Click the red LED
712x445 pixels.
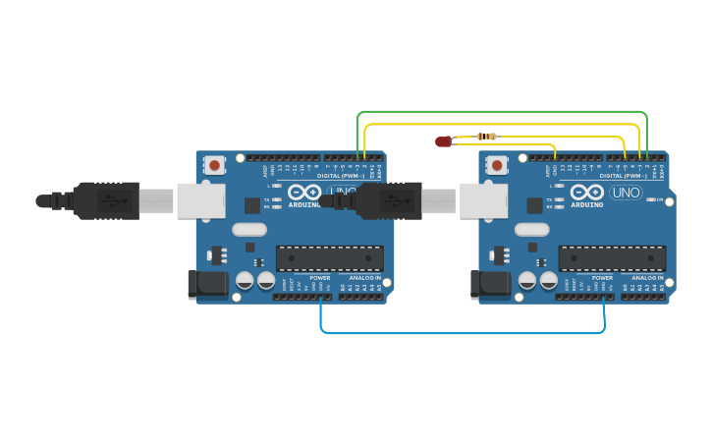tap(444, 141)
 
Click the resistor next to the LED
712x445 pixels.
tap(485, 136)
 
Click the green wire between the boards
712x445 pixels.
tap(501, 112)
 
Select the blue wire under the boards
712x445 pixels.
tap(462, 333)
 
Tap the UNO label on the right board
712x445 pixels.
tap(626, 193)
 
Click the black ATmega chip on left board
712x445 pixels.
tap(330, 258)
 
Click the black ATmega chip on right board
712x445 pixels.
tap(613, 258)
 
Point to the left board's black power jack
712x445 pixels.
tap(207, 285)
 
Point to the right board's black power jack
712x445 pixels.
tap(490, 285)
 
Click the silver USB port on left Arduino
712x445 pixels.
tap(200, 200)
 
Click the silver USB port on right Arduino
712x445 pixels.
tap(483, 200)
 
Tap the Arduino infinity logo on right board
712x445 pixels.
tap(587, 192)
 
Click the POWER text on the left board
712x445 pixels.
tap(320, 278)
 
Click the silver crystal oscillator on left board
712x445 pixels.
tap(249, 230)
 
